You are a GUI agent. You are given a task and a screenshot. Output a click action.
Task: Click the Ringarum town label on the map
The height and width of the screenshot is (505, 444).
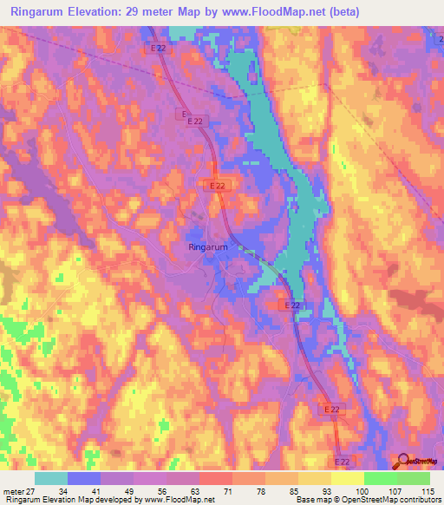coord(208,247)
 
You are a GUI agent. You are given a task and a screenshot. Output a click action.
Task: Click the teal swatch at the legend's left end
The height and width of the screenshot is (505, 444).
coord(51,478)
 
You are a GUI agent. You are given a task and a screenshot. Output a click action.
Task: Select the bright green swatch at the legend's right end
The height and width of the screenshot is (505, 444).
coord(414,478)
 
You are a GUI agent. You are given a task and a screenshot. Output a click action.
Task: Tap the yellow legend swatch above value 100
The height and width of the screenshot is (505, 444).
coord(348,478)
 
